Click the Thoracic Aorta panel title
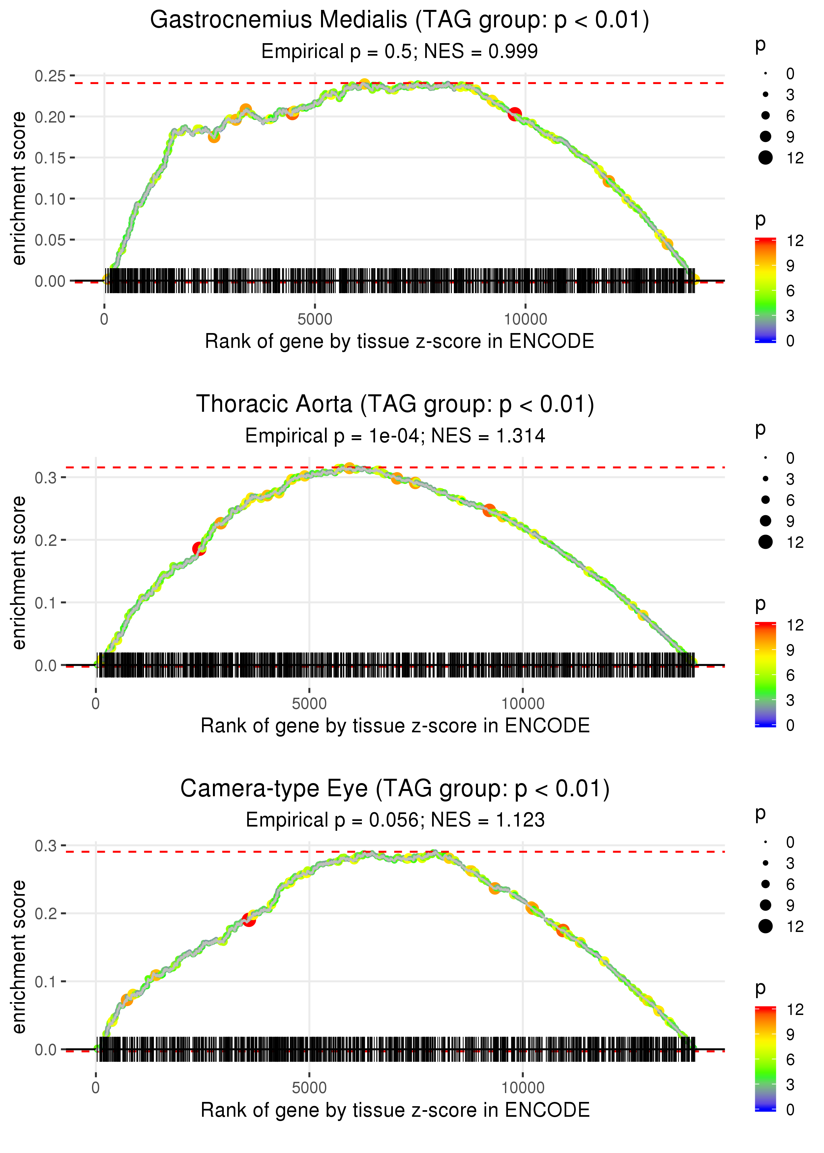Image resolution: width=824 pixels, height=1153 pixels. (x=395, y=405)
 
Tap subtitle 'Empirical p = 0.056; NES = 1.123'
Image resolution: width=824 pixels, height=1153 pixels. (x=395, y=820)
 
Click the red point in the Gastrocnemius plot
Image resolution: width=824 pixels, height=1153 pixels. (x=515, y=114)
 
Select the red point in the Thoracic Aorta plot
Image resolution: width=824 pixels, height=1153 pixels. (x=199, y=548)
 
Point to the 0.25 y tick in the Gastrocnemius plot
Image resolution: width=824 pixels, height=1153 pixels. (x=50, y=76)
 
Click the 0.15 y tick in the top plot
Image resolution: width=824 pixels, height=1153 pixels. (x=50, y=158)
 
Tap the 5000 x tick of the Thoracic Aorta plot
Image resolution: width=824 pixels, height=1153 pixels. (x=309, y=704)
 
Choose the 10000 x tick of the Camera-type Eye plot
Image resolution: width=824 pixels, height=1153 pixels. (x=523, y=1088)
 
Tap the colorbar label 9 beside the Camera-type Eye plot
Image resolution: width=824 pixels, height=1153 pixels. (x=790, y=1035)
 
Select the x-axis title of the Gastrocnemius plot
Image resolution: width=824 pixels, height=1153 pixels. (x=399, y=342)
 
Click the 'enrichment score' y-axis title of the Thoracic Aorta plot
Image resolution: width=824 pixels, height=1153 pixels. (x=19, y=573)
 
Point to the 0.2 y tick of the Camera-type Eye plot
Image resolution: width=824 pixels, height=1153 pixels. (x=46, y=914)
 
